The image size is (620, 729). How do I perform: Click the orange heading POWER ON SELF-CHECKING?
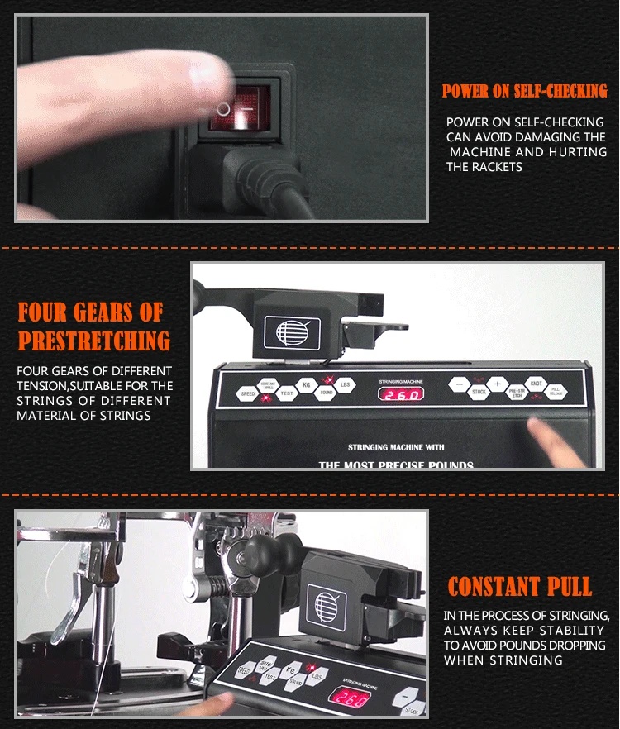pyautogui.click(x=524, y=92)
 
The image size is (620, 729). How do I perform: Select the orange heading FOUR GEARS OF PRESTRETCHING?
pyautogui.click(x=93, y=326)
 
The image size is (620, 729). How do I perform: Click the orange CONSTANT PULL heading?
pyautogui.click(x=519, y=588)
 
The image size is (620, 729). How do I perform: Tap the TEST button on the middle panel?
pyautogui.click(x=287, y=393)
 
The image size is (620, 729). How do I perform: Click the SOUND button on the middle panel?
pyautogui.click(x=327, y=393)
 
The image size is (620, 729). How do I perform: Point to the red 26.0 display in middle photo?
pyautogui.click(x=401, y=394)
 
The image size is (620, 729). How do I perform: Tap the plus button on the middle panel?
pyautogui.click(x=498, y=384)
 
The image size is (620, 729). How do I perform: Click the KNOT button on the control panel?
pyautogui.click(x=536, y=384)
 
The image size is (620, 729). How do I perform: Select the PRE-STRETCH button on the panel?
pyautogui.click(x=517, y=393)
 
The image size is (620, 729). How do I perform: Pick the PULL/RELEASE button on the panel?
pyautogui.click(x=556, y=393)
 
